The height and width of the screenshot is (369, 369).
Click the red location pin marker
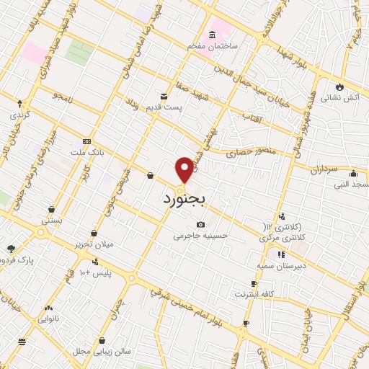184,169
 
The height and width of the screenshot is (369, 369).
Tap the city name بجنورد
184,197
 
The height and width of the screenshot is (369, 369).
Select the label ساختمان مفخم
213,45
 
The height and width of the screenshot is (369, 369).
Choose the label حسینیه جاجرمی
200,235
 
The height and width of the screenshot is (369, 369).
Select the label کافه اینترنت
254,294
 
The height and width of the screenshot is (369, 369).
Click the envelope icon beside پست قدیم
164,97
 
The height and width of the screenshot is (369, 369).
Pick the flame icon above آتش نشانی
340,86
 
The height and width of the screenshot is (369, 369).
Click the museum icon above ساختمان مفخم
212,35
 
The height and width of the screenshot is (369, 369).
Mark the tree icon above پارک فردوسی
12,248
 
